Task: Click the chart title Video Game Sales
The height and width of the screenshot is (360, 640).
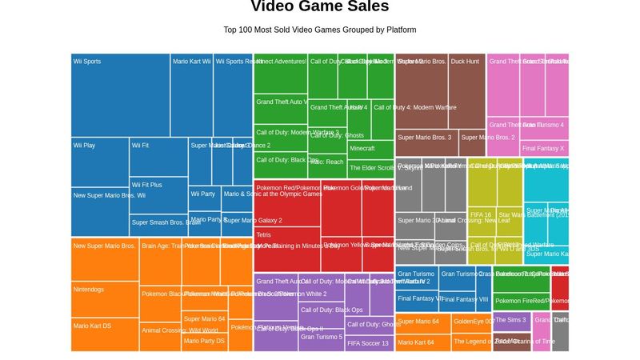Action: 319,7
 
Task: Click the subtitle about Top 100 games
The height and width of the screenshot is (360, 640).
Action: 319,30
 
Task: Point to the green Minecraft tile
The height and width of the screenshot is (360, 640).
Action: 370,150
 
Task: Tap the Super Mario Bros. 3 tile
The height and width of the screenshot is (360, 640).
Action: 426,142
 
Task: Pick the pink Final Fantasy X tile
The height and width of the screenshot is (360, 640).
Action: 544,148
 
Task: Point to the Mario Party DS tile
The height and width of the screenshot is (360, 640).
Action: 205,342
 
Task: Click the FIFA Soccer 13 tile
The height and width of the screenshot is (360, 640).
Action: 369,343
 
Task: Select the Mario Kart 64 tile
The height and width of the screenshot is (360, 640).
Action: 423,343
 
